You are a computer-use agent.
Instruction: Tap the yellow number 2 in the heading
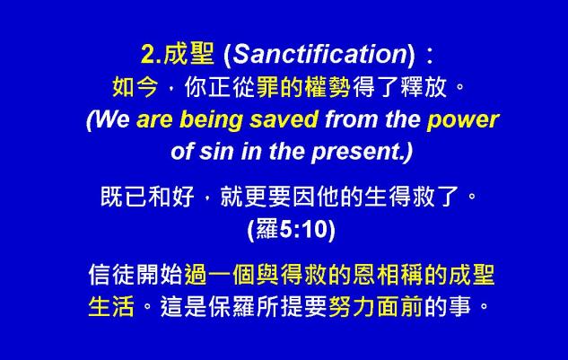[x=148, y=55]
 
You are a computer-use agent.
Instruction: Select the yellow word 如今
[x=135, y=87]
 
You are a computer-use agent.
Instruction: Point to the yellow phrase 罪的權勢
[x=303, y=87]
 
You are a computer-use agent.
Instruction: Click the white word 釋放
[x=424, y=87]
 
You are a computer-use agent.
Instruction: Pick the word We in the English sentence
[x=111, y=119]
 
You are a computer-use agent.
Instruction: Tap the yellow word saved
[x=284, y=119]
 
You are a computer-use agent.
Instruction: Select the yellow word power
[x=463, y=120]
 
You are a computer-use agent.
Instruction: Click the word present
[x=357, y=153]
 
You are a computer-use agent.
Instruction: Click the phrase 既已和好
[x=147, y=197]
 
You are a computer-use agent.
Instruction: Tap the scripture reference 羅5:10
[x=292, y=229]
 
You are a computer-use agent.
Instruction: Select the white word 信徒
[x=111, y=275]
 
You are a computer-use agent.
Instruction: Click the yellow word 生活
[x=111, y=306]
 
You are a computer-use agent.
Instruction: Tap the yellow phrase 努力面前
[x=375, y=306]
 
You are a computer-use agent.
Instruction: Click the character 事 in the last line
[x=459, y=306]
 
